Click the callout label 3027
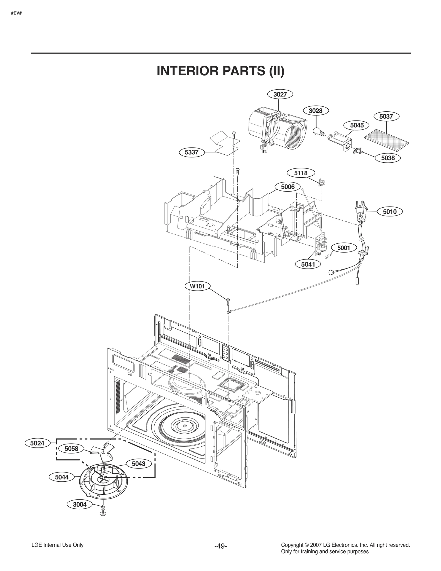(x=280, y=94)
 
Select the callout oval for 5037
(x=386, y=116)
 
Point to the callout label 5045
(x=357, y=125)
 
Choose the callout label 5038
(x=388, y=158)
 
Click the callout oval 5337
(x=192, y=152)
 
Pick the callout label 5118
(x=301, y=173)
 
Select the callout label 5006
(x=288, y=187)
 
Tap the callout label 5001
(x=343, y=248)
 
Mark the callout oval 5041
(x=308, y=264)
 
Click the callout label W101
(x=197, y=286)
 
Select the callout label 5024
(x=37, y=443)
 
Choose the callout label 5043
(x=138, y=464)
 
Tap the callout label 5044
(x=62, y=477)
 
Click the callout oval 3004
(x=80, y=505)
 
